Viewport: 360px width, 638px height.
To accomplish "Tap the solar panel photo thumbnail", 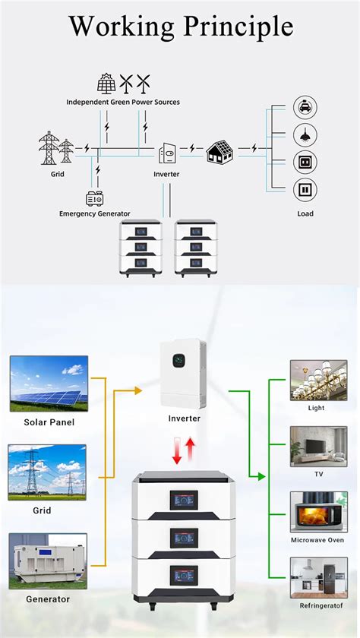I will (48, 384).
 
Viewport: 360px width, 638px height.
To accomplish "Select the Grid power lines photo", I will (48, 472).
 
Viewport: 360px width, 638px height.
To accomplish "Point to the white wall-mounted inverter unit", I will (183, 374).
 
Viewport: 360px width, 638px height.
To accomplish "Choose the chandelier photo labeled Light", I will (308, 380).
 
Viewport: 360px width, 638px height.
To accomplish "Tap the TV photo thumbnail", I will (308, 446).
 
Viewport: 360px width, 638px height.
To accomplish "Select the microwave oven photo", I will (308, 512).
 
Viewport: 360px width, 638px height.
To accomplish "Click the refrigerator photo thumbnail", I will (308, 578).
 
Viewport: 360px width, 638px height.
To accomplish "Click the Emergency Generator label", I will (95, 213).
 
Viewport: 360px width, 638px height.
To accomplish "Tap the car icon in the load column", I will (305, 108).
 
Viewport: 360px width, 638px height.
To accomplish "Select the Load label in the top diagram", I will (305, 213).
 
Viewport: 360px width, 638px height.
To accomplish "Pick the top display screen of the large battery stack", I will (183, 499).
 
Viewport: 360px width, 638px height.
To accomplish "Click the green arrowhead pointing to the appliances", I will (261, 476).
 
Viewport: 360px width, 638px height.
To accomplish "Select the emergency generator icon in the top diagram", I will (95, 199).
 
